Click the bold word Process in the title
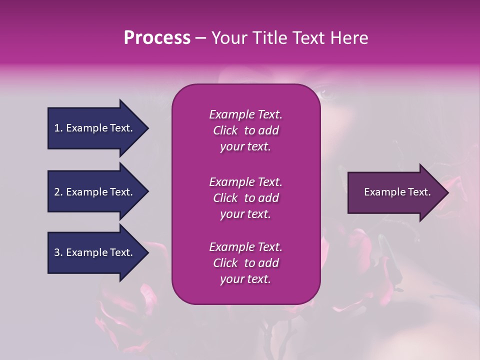(x=157, y=38)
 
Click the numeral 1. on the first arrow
(x=58, y=128)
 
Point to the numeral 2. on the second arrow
(x=58, y=192)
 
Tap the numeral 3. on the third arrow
(x=58, y=252)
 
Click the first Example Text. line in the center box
(x=245, y=114)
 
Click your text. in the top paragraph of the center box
(x=245, y=147)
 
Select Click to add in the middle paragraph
(x=245, y=198)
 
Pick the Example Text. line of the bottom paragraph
(x=245, y=247)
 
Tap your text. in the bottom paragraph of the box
(x=245, y=279)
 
